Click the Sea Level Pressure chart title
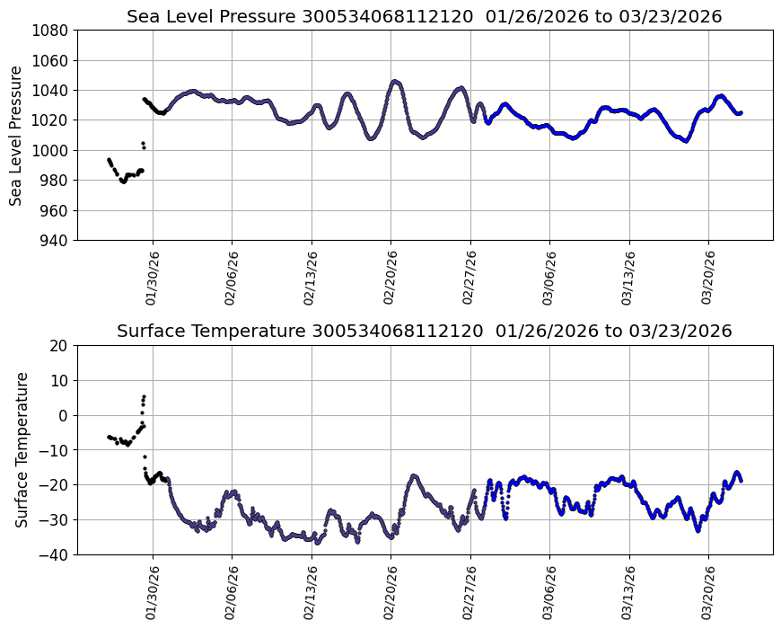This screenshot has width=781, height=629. point(424,16)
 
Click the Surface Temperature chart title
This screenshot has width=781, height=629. point(424,331)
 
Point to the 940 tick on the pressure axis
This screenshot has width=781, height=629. point(56,240)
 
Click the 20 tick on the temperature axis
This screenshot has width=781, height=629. point(59,345)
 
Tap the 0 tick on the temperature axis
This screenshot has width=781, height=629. point(64,415)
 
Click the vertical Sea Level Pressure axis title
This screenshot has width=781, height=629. point(17,135)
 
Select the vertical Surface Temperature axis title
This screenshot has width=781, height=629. point(22,449)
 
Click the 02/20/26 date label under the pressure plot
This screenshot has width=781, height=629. point(390,278)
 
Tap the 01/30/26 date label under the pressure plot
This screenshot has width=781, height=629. point(152,278)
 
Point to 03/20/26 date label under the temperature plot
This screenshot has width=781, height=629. point(708,592)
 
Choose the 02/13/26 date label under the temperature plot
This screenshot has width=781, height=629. point(312,592)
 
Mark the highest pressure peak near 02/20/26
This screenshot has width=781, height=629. point(395,81)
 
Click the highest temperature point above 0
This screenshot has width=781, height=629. point(144,396)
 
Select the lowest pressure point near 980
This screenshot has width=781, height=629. point(123,182)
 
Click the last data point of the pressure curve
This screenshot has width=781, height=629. point(741,112)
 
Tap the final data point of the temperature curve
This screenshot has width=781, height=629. point(741,481)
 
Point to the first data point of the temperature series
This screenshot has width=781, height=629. point(109,437)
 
